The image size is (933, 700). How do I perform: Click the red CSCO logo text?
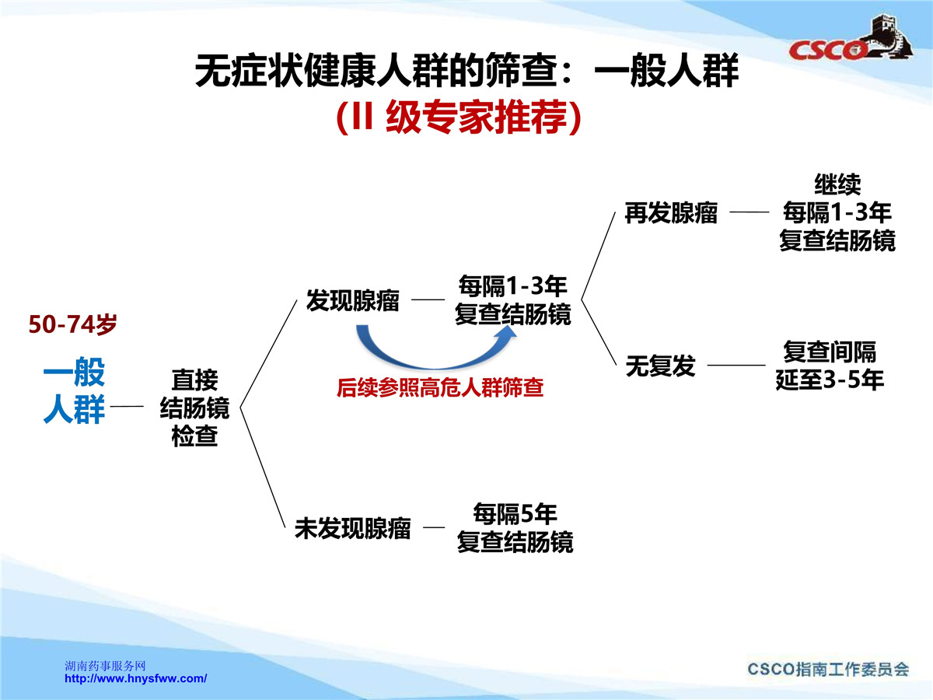coord(826,50)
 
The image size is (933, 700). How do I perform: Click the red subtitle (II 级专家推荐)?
coord(459,117)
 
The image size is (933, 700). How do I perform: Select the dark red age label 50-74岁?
coord(72,324)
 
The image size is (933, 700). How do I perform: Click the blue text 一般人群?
coord(74,390)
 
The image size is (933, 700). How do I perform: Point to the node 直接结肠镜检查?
coord(194,408)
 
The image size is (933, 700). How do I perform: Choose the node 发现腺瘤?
coord(353,300)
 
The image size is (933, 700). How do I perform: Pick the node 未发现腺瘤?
coord(353,528)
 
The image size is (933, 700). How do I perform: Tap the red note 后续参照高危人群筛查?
coord(440,387)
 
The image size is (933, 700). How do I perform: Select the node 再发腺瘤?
coord(671,212)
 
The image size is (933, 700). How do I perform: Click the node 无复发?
coord(661,366)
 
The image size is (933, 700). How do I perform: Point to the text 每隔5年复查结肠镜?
coord(515,527)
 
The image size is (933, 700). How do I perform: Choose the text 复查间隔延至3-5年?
coord(830,366)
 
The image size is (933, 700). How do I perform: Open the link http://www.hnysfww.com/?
coord(135,678)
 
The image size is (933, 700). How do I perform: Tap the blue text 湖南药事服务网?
coord(106,666)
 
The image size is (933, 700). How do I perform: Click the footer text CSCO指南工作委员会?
coord(828,669)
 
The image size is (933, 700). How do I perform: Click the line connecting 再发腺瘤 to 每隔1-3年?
coord(750,212)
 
